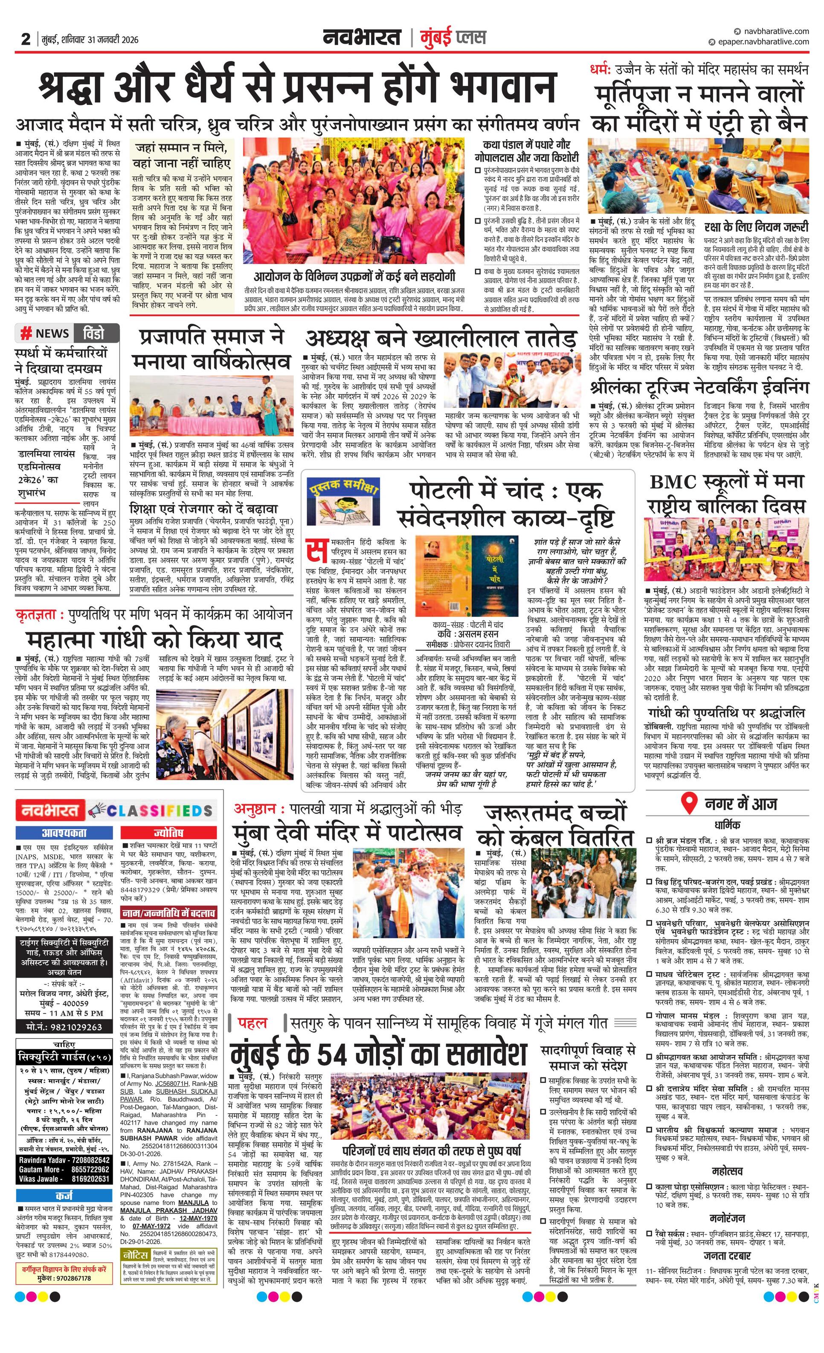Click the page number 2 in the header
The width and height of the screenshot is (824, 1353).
tap(25, 39)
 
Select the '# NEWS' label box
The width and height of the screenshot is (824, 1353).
tap(45, 333)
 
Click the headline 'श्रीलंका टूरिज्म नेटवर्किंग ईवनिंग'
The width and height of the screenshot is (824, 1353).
tap(699, 387)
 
